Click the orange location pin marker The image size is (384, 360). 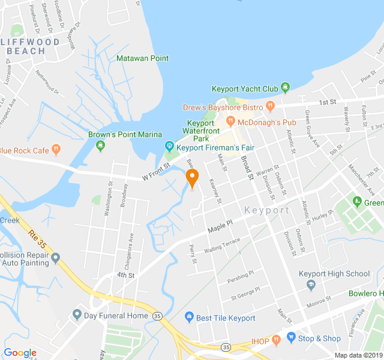[192, 178]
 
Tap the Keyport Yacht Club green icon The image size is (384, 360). [286, 88]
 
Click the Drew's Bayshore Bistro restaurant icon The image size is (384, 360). [270, 107]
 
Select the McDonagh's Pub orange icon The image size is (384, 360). [230, 122]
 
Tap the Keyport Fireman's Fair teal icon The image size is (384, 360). [170, 146]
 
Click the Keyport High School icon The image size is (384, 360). [311, 286]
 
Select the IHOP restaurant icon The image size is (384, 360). [276, 340]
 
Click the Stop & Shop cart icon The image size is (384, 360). [291, 338]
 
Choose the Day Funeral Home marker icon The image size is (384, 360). [77, 315]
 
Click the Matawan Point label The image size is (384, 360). [142, 58]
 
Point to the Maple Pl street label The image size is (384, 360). [220, 226]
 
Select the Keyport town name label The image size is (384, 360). [267, 211]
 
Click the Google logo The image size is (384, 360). [20, 353]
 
